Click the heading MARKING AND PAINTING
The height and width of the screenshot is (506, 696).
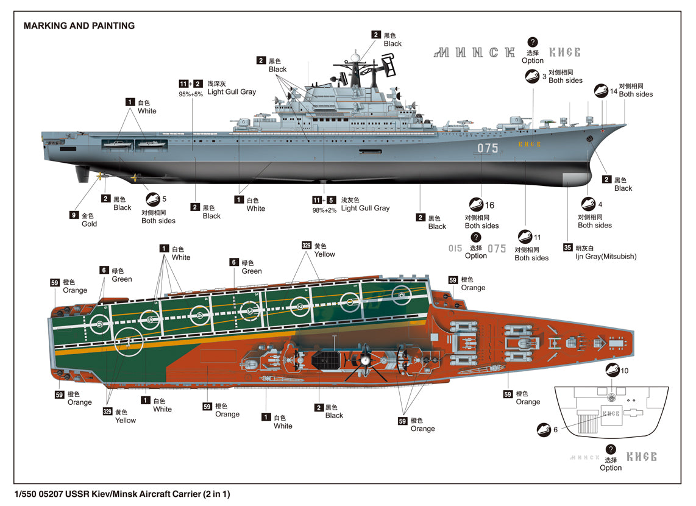(x=79, y=26)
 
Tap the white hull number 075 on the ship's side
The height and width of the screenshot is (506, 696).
(x=488, y=148)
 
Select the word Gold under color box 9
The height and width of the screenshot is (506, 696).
(x=89, y=224)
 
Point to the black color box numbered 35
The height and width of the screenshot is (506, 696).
(x=568, y=248)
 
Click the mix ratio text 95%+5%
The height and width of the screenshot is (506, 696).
(x=190, y=94)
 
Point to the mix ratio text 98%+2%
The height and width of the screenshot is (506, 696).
(x=324, y=210)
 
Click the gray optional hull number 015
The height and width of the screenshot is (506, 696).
(x=455, y=249)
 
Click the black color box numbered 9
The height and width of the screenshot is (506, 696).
(x=74, y=215)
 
